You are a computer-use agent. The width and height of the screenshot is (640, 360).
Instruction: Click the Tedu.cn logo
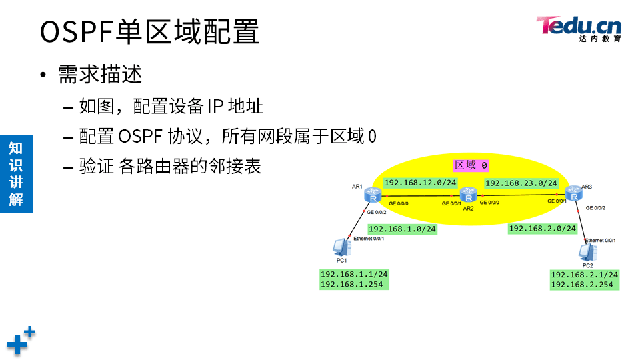tap(579, 29)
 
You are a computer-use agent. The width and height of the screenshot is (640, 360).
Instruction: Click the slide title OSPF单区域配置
tap(149, 31)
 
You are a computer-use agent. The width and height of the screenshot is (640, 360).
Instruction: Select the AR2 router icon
tap(469, 195)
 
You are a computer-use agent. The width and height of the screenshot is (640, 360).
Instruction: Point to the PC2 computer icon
tap(587, 252)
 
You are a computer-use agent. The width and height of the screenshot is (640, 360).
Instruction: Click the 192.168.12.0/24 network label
tap(420, 183)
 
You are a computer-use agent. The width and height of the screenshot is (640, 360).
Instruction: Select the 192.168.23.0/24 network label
tap(521, 183)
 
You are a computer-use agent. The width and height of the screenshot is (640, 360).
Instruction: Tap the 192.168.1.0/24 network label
tap(402, 229)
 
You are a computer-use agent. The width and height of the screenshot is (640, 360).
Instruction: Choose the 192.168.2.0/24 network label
tap(542, 228)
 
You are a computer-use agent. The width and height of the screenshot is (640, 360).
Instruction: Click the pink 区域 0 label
tap(471, 165)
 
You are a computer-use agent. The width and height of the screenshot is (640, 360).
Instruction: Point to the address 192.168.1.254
tap(353, 284)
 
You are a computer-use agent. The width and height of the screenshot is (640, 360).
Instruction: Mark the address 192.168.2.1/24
tap(584, 274)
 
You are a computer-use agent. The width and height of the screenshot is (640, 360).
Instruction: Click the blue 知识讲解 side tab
tap(16, 173)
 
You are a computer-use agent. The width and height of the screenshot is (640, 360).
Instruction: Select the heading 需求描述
tap(100, 74)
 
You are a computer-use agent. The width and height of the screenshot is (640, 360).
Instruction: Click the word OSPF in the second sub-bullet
tap(140, 137)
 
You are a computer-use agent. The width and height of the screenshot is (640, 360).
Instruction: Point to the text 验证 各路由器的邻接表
tap(169, 166)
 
